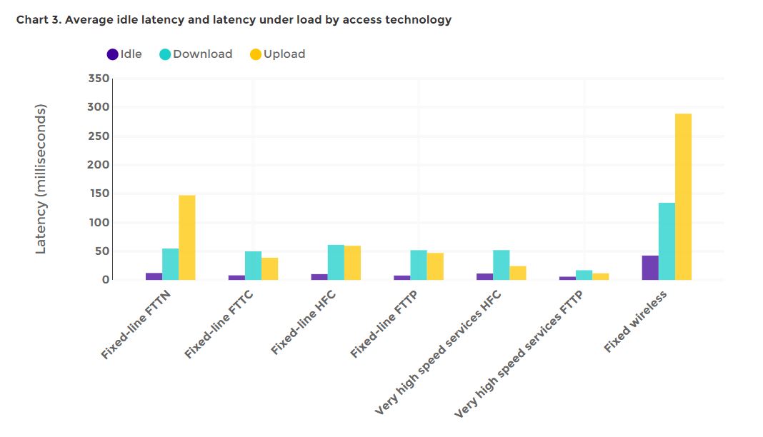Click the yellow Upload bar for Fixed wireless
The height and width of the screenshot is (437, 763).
(x=683, y=196)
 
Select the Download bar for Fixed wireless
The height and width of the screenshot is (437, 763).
(x=667, y=241)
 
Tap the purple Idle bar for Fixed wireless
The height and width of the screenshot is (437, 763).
(x=650, y=268)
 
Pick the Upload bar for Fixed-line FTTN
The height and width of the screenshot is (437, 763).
(x=187, y=237)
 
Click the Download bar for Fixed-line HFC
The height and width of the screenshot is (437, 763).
(x=336, y=262)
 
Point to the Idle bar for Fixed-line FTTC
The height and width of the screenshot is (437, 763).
(x=236, y=277)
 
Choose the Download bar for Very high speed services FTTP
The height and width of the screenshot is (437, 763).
(x=584, y=275)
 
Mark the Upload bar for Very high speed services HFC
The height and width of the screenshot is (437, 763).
(x=518, y=273)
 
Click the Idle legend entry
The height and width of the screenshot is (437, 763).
(x=124, y=54)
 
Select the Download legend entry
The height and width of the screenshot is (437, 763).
(x=196, y=54)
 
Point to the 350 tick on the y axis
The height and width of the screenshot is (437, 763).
(x=99, y=79)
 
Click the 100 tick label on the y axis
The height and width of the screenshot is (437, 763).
(x=99, y=223)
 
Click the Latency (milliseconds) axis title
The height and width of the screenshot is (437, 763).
(x=41, y=179)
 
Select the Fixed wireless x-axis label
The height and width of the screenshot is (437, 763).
(x=635, y=321)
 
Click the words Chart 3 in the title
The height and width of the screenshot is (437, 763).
(x=39, y=20)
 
